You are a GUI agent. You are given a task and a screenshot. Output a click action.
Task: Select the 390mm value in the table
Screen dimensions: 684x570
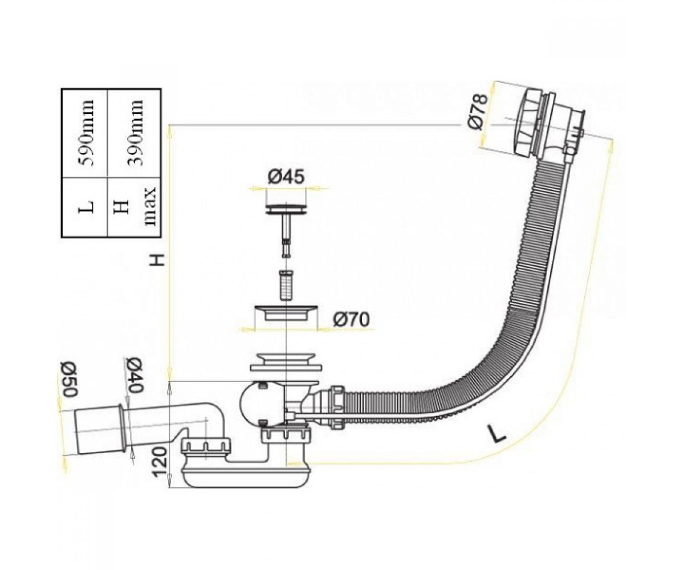point(135,133)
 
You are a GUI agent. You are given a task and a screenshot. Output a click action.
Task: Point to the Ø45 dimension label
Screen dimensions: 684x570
point(286,177)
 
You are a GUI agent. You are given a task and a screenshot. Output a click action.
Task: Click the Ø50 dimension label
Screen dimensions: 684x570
point(68,379)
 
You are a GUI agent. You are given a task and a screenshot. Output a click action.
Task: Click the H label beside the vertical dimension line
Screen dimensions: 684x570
point(158,260)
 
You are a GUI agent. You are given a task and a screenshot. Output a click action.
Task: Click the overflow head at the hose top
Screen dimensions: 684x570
point(551,125)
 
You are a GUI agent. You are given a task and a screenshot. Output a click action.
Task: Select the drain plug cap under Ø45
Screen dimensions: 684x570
point(286,209)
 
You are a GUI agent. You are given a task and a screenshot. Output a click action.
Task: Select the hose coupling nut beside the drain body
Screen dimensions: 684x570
point(337,408)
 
